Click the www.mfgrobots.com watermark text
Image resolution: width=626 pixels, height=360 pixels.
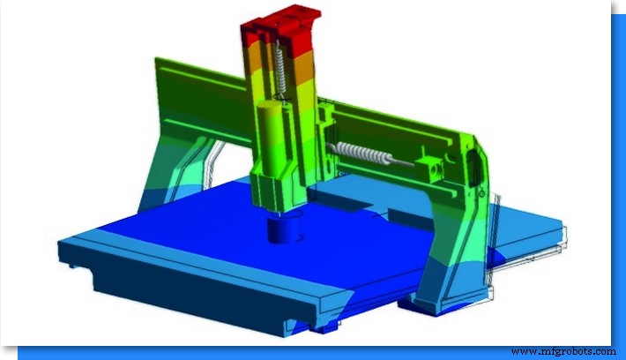point(563,351)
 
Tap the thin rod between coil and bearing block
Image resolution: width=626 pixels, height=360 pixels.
point(406,161)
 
